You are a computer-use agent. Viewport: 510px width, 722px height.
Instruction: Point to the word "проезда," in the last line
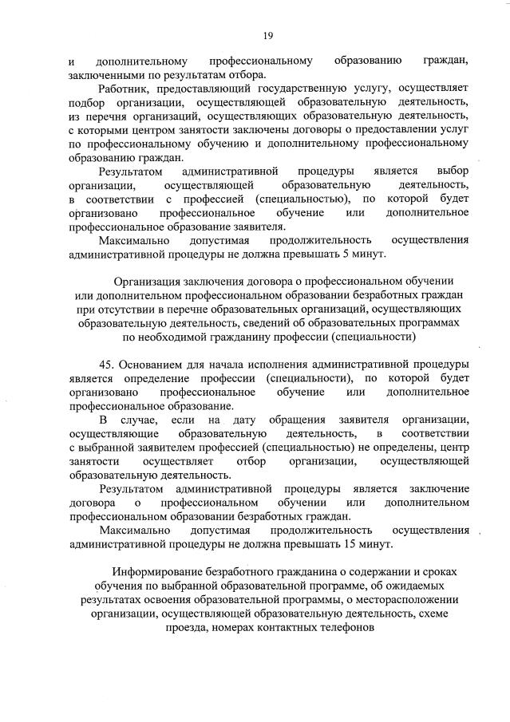[x=188, y=627]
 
